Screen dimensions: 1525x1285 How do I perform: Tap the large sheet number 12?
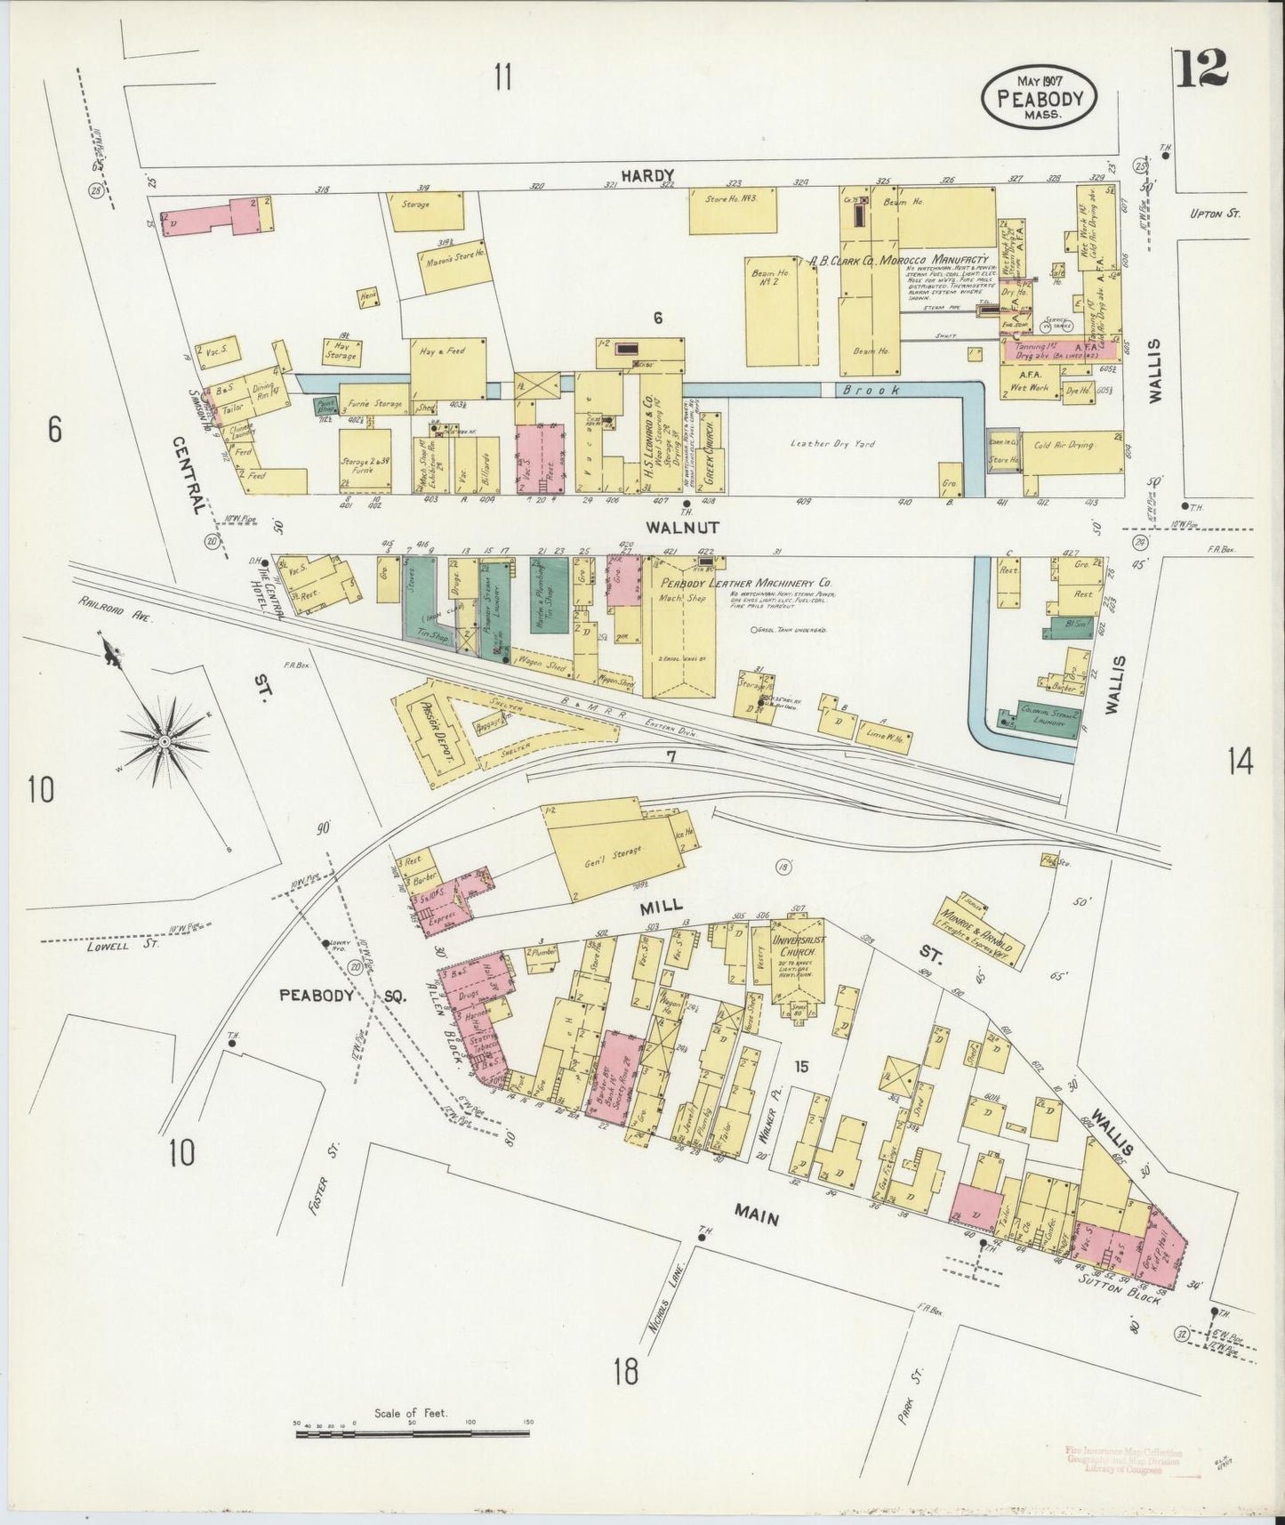click(1202, 69)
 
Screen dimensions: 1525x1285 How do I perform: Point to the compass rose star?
click(164, 740)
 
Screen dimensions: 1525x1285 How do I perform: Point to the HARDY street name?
click(648, 175)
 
